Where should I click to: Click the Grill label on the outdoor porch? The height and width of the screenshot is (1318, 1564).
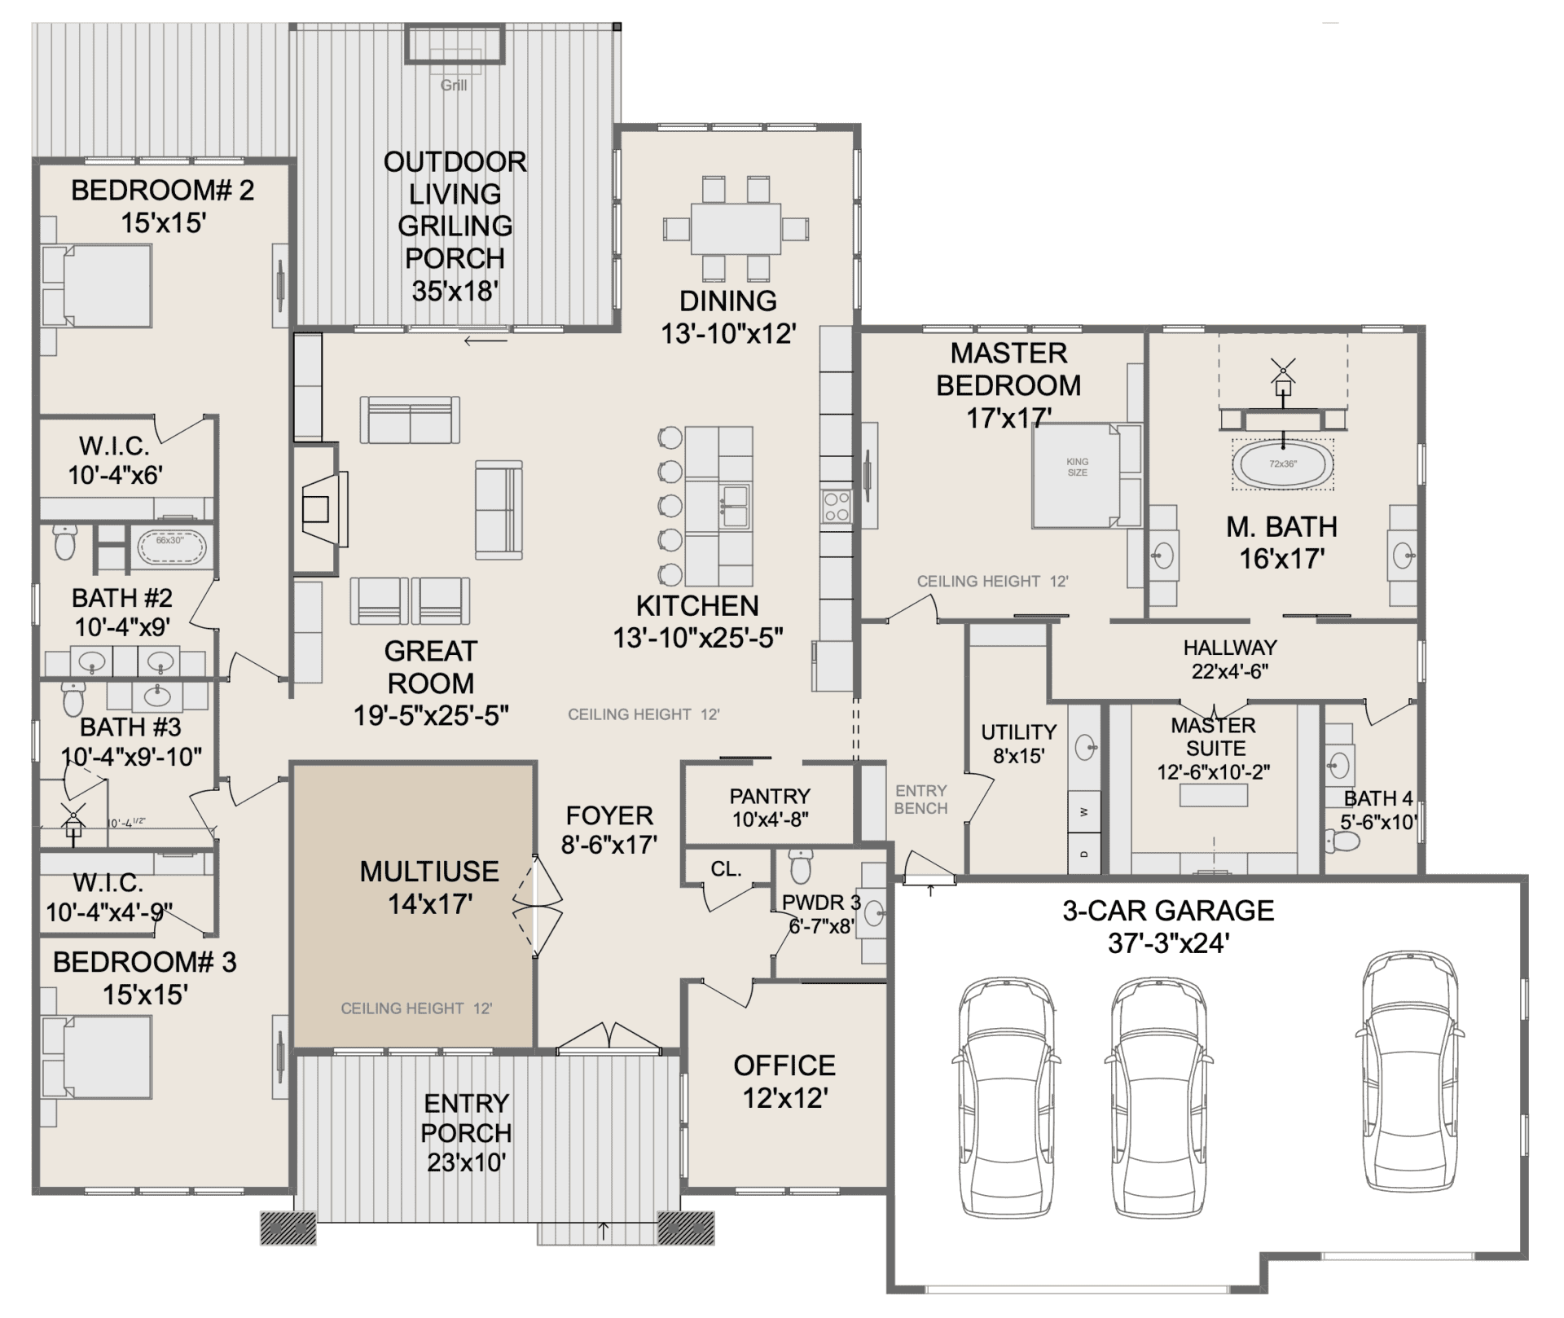click(x=454, y=85)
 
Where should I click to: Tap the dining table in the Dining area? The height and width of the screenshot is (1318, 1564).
click(x=736, y=228)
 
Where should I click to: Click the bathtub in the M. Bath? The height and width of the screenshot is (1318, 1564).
click(x=1283, y=463)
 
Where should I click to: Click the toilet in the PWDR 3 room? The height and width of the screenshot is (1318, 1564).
click(x=801, y=865)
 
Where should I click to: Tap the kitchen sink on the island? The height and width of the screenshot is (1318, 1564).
click(x=734, y=506)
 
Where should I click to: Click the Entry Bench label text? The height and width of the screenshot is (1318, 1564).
click(x=920, y=799)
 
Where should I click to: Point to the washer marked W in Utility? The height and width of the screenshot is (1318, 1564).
click(x=1083, y=812)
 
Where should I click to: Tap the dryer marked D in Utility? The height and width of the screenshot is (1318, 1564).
click(x=1083, y=853)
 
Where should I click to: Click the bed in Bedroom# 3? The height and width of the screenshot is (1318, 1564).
click(x=98, y=1057)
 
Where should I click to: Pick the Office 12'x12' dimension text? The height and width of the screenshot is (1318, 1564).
click(x=785, y=1098)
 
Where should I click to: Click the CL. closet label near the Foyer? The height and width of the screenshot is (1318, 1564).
click(x=726, y=869)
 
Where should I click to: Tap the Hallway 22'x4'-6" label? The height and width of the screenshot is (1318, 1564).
click(x=1230, y=659)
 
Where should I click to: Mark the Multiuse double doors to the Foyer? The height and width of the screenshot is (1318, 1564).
click(x=537, y=905)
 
